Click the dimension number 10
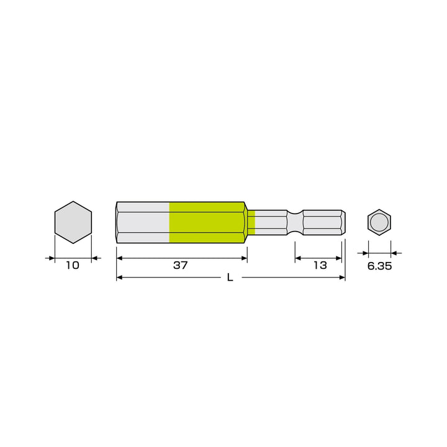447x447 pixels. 73,266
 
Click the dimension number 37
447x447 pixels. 181,266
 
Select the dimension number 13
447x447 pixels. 320,266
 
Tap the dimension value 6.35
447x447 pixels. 379,266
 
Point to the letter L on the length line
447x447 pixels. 230,278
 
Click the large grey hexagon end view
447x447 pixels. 73,222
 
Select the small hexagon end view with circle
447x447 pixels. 379,222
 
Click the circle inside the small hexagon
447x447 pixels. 379,222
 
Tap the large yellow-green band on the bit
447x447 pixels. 207,222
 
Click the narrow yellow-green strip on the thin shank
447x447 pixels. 251,222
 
